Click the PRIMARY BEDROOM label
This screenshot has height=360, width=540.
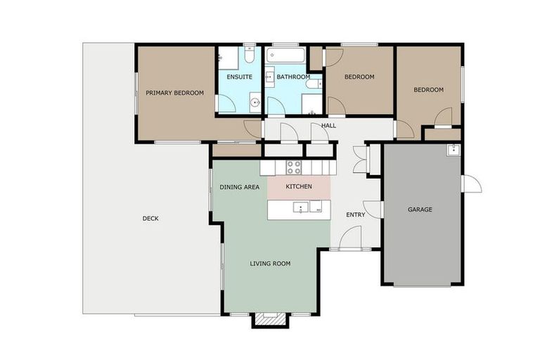(174, 93)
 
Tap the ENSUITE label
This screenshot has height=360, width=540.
(239, 77)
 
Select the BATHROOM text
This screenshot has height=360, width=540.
(293, 77)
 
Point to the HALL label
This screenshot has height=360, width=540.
(328, 126)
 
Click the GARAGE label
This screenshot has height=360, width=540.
(420, 210)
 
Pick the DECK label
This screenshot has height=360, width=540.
(150, 219)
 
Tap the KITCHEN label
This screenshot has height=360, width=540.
(299, 186)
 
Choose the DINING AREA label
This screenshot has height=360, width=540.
(239, 187)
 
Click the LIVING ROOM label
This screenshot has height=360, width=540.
(270, 264)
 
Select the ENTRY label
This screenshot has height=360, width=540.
(355, 214)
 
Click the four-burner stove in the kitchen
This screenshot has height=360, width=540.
(294, 167)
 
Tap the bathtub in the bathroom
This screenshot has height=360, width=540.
(285, 56)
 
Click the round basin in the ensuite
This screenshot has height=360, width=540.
(255, 103)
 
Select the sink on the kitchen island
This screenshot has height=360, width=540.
(301, 207)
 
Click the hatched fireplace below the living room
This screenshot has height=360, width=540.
(270, 319)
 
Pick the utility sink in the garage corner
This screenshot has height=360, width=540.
(453, 150)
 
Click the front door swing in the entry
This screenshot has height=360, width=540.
(351, 237)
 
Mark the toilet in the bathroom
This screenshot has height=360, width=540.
(314, 84)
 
